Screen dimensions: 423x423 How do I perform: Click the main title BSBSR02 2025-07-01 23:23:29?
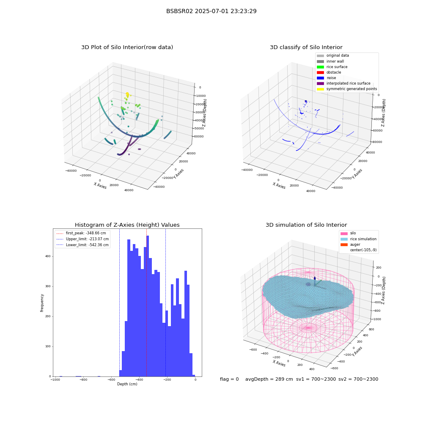click(x=211, y=11)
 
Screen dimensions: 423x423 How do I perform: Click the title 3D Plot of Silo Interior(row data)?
click(x=127, y=47)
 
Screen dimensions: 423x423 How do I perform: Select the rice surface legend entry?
click(x=332, y=67)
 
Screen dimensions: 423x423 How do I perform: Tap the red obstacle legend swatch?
click(x=321, y=72)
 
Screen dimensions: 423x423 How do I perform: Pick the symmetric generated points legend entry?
click(x=347, y=89)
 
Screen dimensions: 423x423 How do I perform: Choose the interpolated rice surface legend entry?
click(x=343, y=83)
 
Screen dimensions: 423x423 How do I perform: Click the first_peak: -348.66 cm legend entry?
click(x=81, y=233)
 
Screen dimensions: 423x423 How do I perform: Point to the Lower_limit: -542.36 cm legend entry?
click(x=82, y=245)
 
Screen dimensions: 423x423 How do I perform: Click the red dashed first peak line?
click(x=146, y=302)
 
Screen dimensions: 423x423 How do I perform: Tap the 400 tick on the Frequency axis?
click(x=48, y=256)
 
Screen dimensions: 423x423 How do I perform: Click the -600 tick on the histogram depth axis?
click(x=111, y=379)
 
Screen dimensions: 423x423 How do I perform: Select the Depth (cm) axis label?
click(x=127, y=384)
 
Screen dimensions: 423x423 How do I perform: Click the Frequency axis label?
click(x=42, y=303)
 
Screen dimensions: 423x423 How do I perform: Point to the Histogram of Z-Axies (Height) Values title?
click(x=127, y=225)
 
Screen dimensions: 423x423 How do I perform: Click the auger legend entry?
click(x=350, y=244)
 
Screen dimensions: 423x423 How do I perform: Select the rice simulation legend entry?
click(x=359, y=239)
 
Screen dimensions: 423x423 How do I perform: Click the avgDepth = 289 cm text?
click(x=269, y=379)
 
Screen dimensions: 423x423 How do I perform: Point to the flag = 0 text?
click(x=229, y=379)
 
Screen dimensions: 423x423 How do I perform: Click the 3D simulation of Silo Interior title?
click(x=306, y=225)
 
